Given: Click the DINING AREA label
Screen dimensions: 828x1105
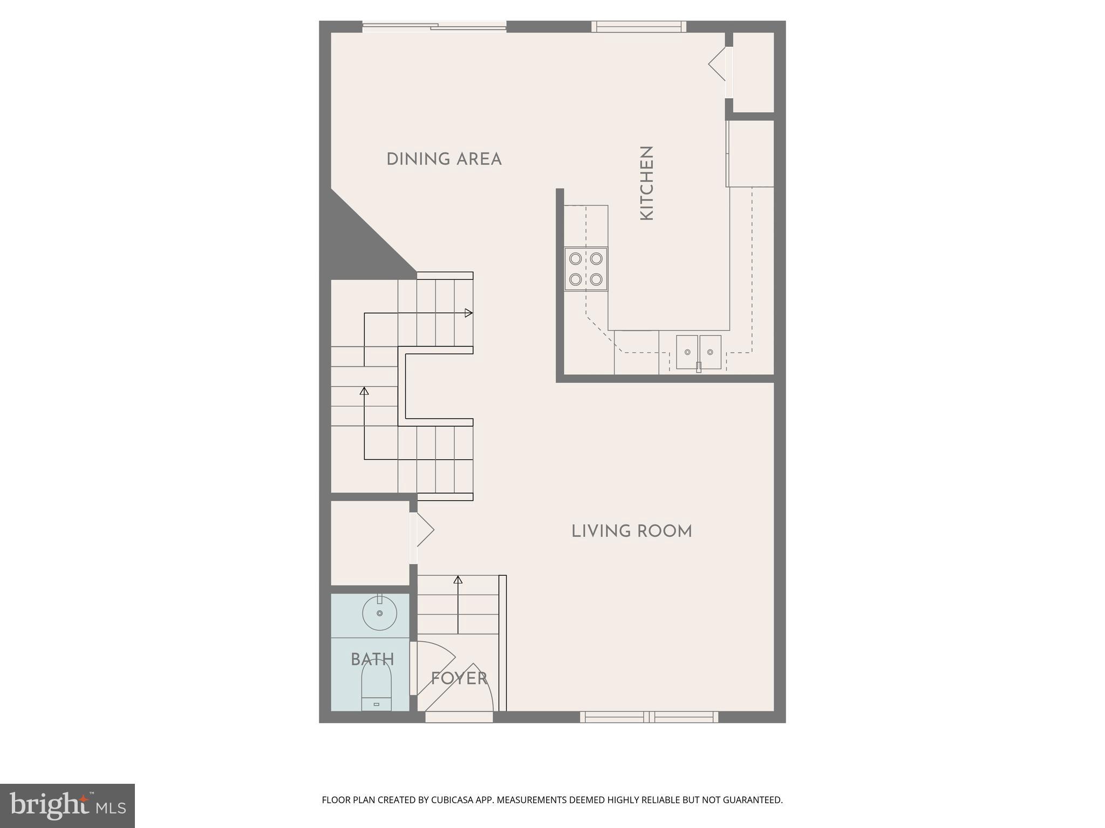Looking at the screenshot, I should [x=444, y=160].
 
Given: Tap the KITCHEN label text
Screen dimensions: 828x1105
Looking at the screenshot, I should [x=646, y=183].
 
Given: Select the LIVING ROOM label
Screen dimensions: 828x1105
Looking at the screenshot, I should [x=631, y=532].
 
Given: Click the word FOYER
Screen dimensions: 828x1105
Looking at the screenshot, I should [x=459, y=678].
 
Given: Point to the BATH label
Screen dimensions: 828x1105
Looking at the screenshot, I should [x=372, y=659].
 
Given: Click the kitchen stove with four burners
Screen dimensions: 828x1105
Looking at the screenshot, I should [x=586, y=269].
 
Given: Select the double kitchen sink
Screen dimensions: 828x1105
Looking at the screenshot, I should [x=699, y=353].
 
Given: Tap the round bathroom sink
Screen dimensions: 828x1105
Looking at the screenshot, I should [x=379, y=613].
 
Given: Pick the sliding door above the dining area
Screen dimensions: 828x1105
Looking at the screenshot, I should [x=434, y=26].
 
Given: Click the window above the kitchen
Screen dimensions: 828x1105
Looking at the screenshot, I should [x=639, y=26].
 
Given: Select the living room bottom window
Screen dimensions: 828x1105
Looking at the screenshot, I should [x=649, y=717].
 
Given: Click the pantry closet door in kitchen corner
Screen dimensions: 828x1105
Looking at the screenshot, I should [x=720, y=65].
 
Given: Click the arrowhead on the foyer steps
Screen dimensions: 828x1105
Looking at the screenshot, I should [x=458, y=580].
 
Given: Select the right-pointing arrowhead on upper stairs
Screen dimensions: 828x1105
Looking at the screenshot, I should [x=468, y=313].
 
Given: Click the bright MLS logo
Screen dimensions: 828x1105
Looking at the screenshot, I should [x=67, y=805].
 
